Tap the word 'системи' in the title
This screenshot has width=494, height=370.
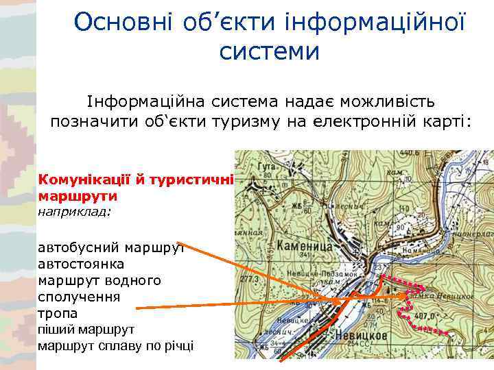pos(270,51)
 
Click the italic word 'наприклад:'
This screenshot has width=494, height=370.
pos(74,212)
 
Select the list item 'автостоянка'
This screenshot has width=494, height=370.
pos(81,263)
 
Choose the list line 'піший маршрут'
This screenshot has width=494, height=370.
pos(86,330)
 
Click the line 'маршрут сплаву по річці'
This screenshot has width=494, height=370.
pos(115,346)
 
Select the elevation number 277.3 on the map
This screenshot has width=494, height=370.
pos(251,280)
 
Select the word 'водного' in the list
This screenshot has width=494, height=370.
pos(137,280)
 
